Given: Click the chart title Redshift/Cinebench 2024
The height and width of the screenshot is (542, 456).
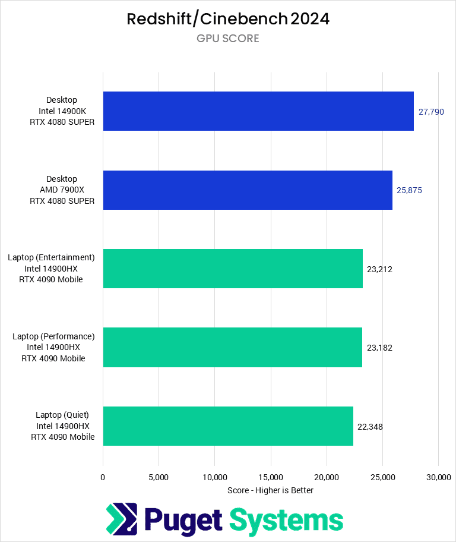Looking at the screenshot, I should coord(228,19).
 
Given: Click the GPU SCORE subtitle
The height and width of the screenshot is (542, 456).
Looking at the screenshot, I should coord(228,39).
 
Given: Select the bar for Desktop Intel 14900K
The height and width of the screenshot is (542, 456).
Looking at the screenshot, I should coord(258,111).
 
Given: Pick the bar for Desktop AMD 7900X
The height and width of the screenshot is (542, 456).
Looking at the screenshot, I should coord(248,190).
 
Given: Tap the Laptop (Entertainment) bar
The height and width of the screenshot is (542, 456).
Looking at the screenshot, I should coord(233,269).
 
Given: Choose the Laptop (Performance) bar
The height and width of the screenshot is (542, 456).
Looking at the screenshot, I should coord(232,347).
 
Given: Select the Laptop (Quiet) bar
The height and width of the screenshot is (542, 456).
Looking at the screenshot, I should coord(228,426).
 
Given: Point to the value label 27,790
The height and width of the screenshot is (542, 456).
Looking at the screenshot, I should coord(431,112).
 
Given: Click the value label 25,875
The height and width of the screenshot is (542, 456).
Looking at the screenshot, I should coord(409,190).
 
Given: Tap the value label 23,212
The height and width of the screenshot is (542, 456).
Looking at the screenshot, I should coord(379,269).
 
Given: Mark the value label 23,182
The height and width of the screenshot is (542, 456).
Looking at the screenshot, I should coord(379,348).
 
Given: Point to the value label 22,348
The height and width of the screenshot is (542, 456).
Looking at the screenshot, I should coord(370,426).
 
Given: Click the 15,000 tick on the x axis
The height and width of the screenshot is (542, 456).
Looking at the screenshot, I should coord(271,477).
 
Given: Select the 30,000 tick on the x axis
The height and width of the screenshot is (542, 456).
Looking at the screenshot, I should coord(438,477).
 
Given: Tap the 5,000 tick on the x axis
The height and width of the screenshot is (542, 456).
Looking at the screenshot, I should coord(159,477).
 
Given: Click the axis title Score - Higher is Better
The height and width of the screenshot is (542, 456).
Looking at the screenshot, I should coord(270,490).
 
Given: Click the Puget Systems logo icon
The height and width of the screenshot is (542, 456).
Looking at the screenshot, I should coord(122,519).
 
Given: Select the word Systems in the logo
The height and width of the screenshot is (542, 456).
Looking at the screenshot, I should coord(286,520).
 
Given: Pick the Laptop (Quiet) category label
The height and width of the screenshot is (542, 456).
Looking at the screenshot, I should coord(63,426).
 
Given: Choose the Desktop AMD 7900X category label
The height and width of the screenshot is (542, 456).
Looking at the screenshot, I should coord(63,190).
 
